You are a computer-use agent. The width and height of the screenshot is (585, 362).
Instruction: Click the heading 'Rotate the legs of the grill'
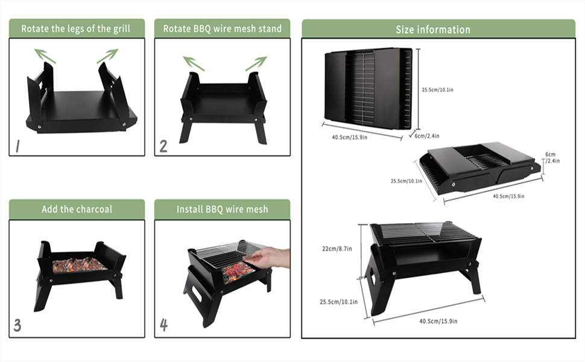[x=75, y=28]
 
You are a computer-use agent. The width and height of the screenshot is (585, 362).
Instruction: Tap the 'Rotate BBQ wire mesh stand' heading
[x=222, y=28]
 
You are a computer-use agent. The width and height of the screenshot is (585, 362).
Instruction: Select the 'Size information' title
[x=432, y=29]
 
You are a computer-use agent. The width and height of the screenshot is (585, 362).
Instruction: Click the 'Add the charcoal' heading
[x=77, y=209]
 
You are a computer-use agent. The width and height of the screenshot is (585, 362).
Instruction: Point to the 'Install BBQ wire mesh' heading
[x=222, y=209]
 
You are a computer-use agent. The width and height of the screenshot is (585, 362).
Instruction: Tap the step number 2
[x=163, y=145]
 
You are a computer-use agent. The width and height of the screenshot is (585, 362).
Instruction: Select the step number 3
[x=17, y=326]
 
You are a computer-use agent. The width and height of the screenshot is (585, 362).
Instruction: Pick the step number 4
[x=163, y=325]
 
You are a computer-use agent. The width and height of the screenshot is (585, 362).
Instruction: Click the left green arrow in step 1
[x=45, y=56]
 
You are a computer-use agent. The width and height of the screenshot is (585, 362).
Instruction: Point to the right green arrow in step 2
[x=256, y=63]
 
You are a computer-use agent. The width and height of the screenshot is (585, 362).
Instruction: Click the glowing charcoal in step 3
[x=79, y=264]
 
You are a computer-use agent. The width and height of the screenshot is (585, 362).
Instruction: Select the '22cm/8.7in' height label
[x=338, y=248]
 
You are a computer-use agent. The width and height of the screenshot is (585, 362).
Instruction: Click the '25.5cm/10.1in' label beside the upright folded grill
[x=438, y=91]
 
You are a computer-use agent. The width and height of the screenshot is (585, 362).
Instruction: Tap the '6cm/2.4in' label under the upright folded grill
[x=428, y=136]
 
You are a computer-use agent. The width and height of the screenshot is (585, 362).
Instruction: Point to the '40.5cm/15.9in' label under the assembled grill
[x=438, y=321]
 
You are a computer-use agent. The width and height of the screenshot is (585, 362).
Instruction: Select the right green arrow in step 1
[x=107, y=56]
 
